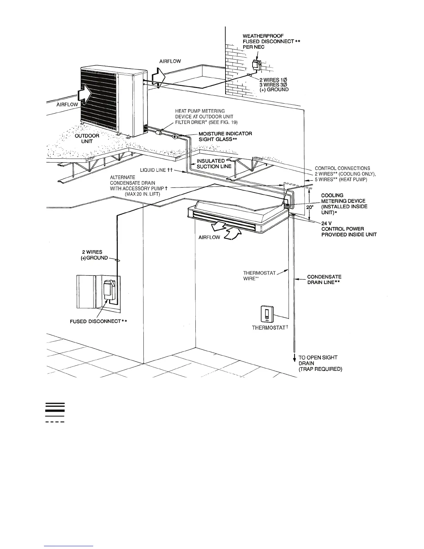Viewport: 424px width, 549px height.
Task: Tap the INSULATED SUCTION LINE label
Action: (x=214, y=164)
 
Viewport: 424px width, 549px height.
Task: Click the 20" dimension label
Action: (x=309, y=207)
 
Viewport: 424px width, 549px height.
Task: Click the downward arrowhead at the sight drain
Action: (x=294, y=359)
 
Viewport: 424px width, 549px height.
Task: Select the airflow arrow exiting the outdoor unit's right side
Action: (x=158, y=78)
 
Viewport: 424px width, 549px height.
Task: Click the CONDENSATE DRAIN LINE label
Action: (x=324, y=279)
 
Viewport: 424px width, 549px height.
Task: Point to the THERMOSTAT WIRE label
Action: (x=259, y=276)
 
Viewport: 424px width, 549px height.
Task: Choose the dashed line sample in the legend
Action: (x=55, y=422)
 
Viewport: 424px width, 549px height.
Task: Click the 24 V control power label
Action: (x=348, y=229)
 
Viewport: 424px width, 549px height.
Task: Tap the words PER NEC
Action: (x=254, y=47)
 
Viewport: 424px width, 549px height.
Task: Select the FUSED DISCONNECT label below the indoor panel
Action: (x=98, y=321)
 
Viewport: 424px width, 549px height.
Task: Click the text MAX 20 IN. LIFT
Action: (x=142, y=194)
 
